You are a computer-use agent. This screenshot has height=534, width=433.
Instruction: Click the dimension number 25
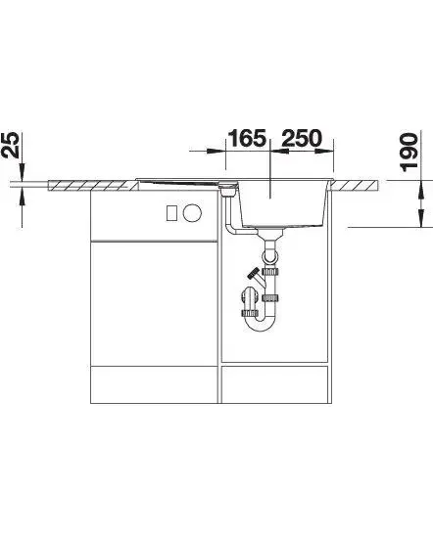10,145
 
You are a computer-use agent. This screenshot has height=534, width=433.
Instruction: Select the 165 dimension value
247,138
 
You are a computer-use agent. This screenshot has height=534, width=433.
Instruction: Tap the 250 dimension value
302,138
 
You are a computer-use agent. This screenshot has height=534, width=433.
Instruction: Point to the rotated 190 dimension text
409,153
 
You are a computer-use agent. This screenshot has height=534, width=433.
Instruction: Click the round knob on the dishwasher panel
192,213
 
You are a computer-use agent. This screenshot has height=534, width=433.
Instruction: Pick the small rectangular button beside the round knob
171,213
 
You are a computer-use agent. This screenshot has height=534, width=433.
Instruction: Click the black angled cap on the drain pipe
254,273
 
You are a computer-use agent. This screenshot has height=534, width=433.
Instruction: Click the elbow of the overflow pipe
231,229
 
